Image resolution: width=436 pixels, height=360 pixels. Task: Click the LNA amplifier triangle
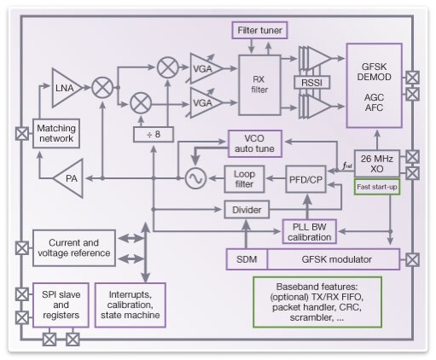coord(66,88)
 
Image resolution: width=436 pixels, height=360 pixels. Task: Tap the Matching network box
coord(56,133)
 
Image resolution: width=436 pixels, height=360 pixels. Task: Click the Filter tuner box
coord(259,30)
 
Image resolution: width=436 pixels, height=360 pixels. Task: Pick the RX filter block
coord(259,85)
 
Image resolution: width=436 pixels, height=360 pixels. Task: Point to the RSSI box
coord(311,83)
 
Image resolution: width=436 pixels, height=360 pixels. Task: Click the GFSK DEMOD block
coord(374,85)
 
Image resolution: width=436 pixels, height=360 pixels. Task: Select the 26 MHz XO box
coord(377,164)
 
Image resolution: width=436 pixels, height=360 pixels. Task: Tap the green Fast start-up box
coord(377,187)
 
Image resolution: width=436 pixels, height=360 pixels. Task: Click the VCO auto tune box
coord(255,143)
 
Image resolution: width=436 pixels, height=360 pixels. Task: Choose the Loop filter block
coord(244,179)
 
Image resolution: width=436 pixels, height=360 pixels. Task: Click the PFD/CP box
coord(305,179)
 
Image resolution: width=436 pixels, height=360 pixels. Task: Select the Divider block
coord(247,210)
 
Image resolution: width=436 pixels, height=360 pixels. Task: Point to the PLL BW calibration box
coord(310,231)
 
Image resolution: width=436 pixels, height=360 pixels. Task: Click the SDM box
coord(247,259)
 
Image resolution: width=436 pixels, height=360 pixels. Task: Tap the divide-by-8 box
coord(154,134)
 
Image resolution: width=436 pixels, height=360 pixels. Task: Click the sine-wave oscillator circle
coord(195,178)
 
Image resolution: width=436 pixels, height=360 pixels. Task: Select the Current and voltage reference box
coord(74,248)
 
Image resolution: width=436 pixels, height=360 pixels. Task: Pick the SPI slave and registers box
coord(61,305)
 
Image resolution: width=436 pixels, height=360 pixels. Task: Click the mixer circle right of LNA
coord(102,88)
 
